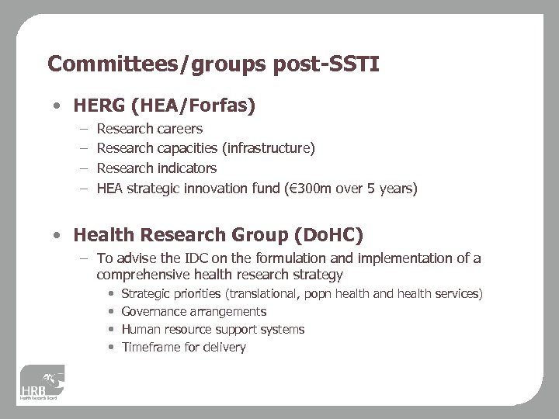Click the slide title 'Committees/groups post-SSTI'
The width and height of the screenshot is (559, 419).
213,64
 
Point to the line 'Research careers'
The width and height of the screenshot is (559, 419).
149,129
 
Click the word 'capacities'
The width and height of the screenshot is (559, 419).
186,148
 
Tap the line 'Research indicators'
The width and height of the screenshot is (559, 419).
156,168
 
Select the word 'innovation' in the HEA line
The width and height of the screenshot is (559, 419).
224,188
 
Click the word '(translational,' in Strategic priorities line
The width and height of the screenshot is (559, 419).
261,294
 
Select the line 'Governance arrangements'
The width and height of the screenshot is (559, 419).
194,312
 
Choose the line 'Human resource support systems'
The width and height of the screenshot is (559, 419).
213,330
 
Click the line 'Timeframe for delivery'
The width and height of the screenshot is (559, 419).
183,348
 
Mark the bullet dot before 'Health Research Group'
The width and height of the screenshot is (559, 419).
58,235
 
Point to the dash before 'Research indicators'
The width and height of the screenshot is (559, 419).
82,168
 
